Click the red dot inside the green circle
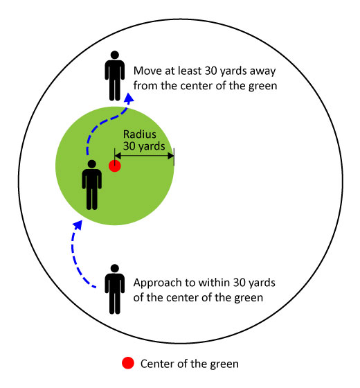(x=115, y=166)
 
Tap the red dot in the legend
(x=128, y=363)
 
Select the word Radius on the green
(x=140, y=134)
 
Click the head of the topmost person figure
(x=115, y=55)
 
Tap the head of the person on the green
(x=91, y=164)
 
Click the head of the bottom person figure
(x=115, y=269)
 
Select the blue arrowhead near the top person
(x=129, y=98)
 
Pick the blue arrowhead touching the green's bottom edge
(x=78, y=225)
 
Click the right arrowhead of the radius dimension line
(x=171, y=156)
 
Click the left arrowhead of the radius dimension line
(x=118, y=156)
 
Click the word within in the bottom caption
(x=215, y=283)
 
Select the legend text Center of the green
(x=190, y=364)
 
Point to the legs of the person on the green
(x=91, y=198)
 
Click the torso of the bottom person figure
(x=115, y=284)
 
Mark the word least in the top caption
(x=190, y=71)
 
